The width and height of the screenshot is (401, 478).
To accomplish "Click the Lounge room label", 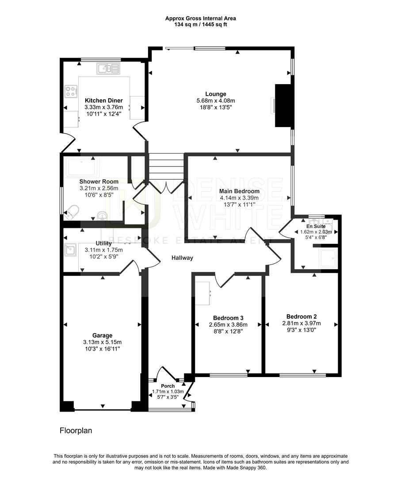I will pyautogui.click(x=216, y=94).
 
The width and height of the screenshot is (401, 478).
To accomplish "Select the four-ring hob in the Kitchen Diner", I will pyautogui.click(x=71, y=92).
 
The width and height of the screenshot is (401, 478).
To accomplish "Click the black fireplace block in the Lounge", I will pyautogui.click(x=283, y=105).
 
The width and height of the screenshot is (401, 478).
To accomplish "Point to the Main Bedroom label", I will pyautogui.click(x=239, y=191).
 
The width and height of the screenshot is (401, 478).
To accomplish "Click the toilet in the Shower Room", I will pyautogui.click(x=72, y=212).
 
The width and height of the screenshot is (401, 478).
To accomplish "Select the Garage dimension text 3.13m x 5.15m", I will pyautogui.click(x=102, y=342).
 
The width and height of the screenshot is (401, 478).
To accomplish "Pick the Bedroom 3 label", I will pyautogui.click(x=228, y=318).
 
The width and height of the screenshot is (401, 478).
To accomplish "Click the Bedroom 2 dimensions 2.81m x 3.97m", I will pyautogui.click(x=301, y=323).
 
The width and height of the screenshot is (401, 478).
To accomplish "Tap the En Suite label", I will pyautogui.click(x=316, y=226).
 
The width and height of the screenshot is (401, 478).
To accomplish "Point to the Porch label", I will pyautogui.click(x=168, y=386).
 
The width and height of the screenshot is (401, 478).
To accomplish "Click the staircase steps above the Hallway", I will pyautogui.click(x=166, y=166).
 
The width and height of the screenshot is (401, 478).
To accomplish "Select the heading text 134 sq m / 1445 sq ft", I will pyautogui.click(x=200, y=24).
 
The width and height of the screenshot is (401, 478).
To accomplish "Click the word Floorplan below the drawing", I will pyautogui.click(x=76, y=430).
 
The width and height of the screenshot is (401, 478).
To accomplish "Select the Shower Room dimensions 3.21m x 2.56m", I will pyautogui.click(x=99, y=188).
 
